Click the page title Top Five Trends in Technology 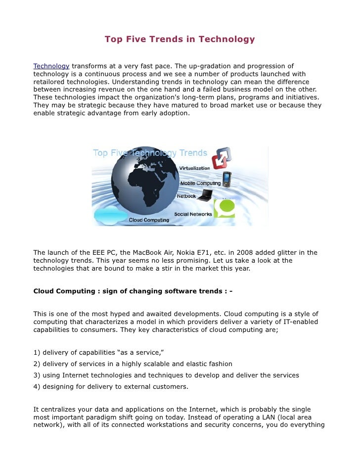tap(180, 39)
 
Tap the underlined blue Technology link tap(51, 66)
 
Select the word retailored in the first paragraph tap(52, 82)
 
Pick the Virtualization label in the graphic tap(194, 168)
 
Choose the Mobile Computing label tap(200, 184)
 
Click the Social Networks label tap(193, 214)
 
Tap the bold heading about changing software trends tap(133, 291)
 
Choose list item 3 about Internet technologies tap(166, 375)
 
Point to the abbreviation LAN tap(264, 417)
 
